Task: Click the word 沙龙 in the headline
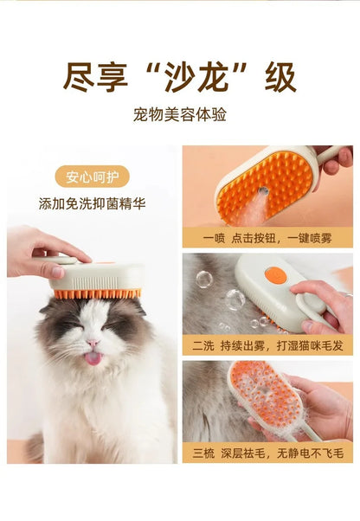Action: pos(179,77)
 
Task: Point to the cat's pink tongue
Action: pos(93,357)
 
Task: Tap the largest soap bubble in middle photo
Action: pos(235,299)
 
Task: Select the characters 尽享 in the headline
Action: pos(93,77)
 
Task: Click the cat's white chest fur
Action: pos(95,415)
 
